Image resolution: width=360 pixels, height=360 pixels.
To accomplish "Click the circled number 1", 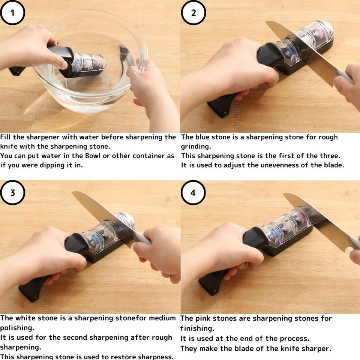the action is point(12,13).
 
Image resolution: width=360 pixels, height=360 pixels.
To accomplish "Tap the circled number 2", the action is point(193,13).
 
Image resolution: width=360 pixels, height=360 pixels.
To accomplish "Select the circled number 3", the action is point(12,192).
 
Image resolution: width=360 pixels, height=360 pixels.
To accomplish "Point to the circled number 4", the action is point(193,192).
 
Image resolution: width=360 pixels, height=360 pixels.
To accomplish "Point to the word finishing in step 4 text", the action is point(197,328).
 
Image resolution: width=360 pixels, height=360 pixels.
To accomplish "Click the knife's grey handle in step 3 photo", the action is point(142,238).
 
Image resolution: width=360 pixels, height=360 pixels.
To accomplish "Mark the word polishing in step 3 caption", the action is point(17,328).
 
